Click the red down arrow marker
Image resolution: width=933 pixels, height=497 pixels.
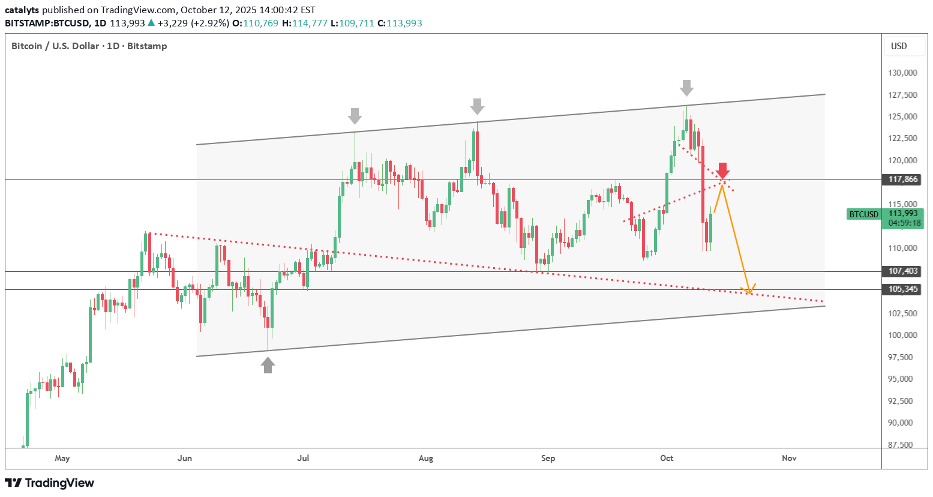point(723,170)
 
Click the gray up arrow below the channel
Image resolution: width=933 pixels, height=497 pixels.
point(268,365)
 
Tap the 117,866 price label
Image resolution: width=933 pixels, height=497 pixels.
point(903,179)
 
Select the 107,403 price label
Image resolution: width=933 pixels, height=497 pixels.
point(903,271)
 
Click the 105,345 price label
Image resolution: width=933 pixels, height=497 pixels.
point(903,289)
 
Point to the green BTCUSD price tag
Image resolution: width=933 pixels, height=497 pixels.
point(863,214)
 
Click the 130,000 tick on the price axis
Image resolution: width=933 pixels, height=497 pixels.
point(902,73)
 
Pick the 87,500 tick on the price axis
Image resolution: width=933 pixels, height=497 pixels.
point(902,445)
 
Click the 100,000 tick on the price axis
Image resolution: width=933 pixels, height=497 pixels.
point(902,335)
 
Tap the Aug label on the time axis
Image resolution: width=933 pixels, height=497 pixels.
point(425,459)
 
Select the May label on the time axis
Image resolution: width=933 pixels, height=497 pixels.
point(62,459)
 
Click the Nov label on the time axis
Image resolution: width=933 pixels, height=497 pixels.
point(789,459)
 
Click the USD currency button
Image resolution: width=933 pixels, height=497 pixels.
point(899,46)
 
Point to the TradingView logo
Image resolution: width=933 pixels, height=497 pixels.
point(50,483)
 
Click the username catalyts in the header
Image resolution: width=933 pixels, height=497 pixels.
point(22,10)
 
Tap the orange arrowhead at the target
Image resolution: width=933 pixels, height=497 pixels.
point(749,291)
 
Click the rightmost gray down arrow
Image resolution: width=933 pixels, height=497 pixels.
point(686,88)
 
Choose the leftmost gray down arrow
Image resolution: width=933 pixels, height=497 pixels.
point(355,116)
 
